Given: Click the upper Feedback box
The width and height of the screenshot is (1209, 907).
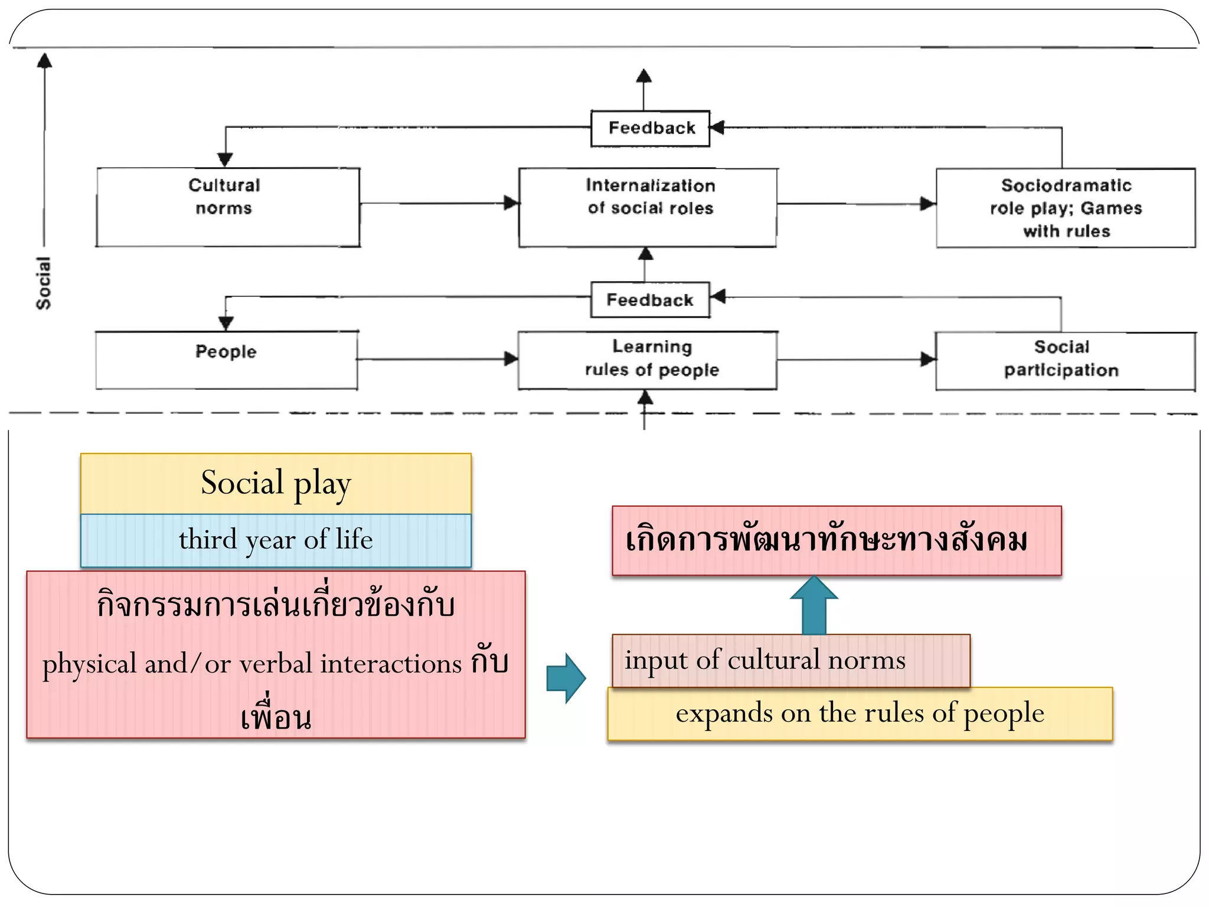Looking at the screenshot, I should pos(651,128).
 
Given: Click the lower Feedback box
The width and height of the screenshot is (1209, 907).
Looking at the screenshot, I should pos(650,300).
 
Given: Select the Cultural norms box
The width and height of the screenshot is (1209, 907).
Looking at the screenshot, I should pos(228,207).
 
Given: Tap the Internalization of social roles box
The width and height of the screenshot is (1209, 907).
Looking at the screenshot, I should pos(648,207).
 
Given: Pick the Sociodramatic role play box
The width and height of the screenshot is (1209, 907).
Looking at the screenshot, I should pos(1066,208).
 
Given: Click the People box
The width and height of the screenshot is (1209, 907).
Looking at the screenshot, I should pos(227,360).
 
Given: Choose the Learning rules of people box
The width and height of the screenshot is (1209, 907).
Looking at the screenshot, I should pos(648,360).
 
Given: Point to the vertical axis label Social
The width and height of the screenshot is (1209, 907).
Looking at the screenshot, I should pos(44,283).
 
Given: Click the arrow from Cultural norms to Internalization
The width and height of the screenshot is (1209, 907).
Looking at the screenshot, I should pos(439,203).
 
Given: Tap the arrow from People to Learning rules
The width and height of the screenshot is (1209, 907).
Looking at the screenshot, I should pos(437,358).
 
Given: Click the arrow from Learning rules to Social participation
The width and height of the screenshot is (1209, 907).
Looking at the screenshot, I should pos(856,359).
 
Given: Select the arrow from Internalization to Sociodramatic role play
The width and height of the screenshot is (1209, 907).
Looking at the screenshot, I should pos(856,204).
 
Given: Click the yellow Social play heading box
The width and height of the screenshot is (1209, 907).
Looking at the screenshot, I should pos(276,483).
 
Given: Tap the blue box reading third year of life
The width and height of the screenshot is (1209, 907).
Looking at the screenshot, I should pos(276,540).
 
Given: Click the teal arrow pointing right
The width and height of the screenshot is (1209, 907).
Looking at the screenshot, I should pos(566,678).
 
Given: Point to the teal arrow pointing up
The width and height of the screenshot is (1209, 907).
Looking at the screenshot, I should pos(814,605).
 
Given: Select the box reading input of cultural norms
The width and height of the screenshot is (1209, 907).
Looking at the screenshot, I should pos(791,660).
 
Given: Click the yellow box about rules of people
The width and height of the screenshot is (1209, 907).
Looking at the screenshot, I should pos(860,713).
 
